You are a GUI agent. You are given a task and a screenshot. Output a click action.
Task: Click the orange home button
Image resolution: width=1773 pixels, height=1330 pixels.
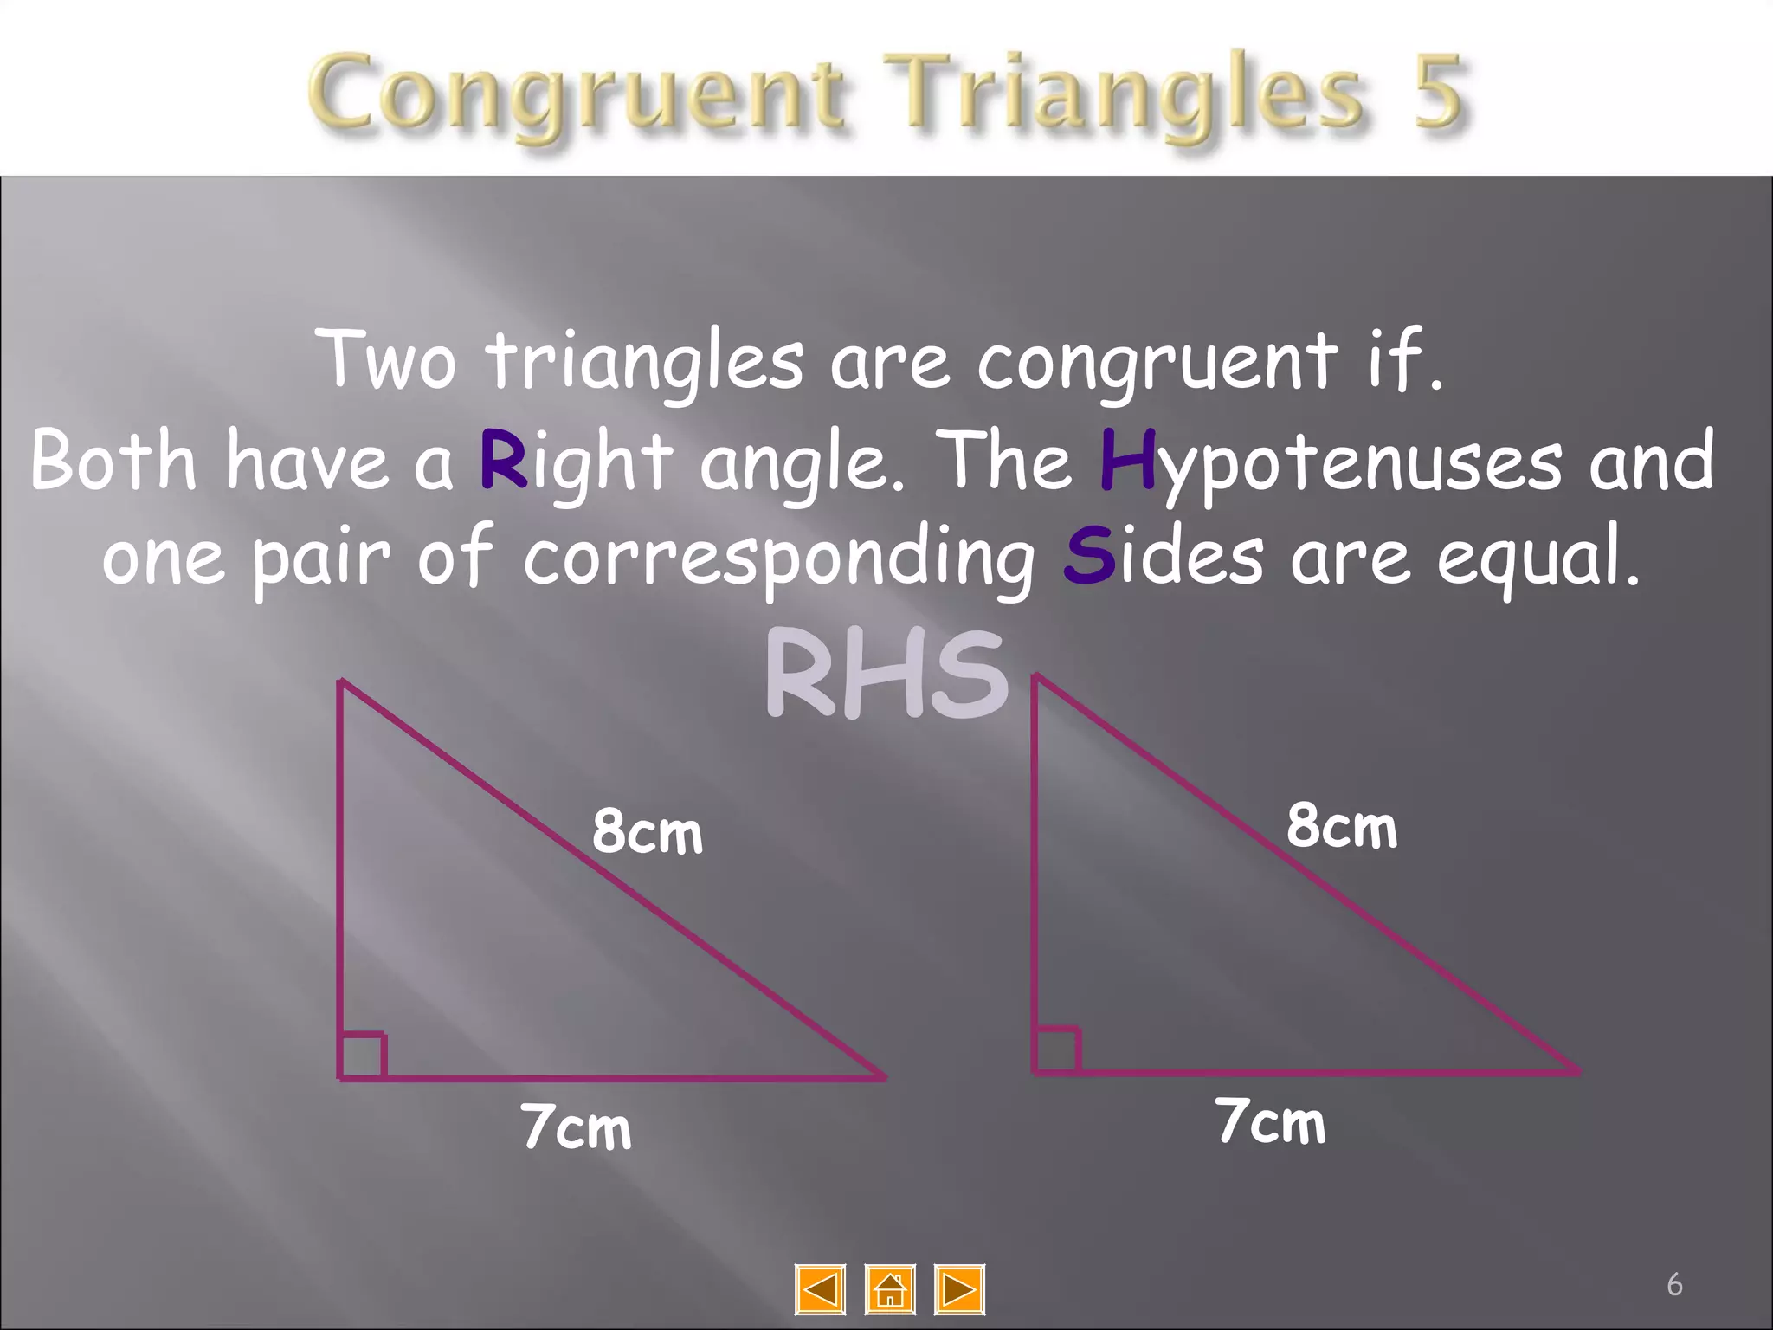coord(890,1289)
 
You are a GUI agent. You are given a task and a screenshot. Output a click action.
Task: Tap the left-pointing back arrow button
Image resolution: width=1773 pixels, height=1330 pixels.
coord(820,1289)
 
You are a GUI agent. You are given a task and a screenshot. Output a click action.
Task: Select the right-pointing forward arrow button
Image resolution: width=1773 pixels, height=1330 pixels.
coord(959,1289)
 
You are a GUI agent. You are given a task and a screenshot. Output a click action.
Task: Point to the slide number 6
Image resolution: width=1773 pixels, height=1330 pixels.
coord(1674,1284)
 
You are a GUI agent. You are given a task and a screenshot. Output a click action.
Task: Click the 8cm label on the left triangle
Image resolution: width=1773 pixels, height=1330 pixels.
coord(648,832)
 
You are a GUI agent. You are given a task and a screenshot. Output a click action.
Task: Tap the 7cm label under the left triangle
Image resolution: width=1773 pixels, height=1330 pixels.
coord(577,1127)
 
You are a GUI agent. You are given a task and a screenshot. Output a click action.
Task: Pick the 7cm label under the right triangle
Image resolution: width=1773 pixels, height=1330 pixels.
coord(1270,1122)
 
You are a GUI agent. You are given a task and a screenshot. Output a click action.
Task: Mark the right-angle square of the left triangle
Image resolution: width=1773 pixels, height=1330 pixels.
coord(363,1056)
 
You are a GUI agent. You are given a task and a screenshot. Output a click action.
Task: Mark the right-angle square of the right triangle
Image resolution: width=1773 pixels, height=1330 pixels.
coord(1057,1049)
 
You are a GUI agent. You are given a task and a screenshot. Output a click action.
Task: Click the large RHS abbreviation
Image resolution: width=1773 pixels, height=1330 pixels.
coord(886,675)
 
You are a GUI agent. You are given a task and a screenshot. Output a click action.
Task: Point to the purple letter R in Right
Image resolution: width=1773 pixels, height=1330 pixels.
coord(503,460)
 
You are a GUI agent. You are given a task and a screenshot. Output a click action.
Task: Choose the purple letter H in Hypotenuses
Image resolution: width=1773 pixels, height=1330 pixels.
coord(1127,460)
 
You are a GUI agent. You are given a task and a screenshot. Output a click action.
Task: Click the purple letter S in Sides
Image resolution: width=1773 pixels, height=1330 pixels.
coord(1088,556)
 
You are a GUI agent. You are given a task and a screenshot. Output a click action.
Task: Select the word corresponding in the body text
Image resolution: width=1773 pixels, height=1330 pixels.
coord(779,558)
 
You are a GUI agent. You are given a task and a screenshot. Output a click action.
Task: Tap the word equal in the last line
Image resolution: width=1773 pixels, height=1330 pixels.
coord(1537,558)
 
